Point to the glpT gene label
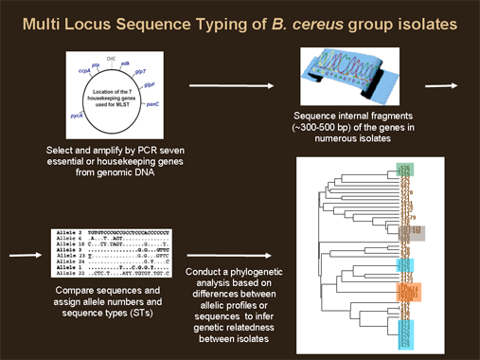click(140, 69)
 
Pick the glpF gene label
click(150, 84)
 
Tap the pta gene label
click(96, 64)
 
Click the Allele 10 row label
click(59, 243)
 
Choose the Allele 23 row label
click(59, 256)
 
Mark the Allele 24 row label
click(59, 262)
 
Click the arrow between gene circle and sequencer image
click(240, 86)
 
